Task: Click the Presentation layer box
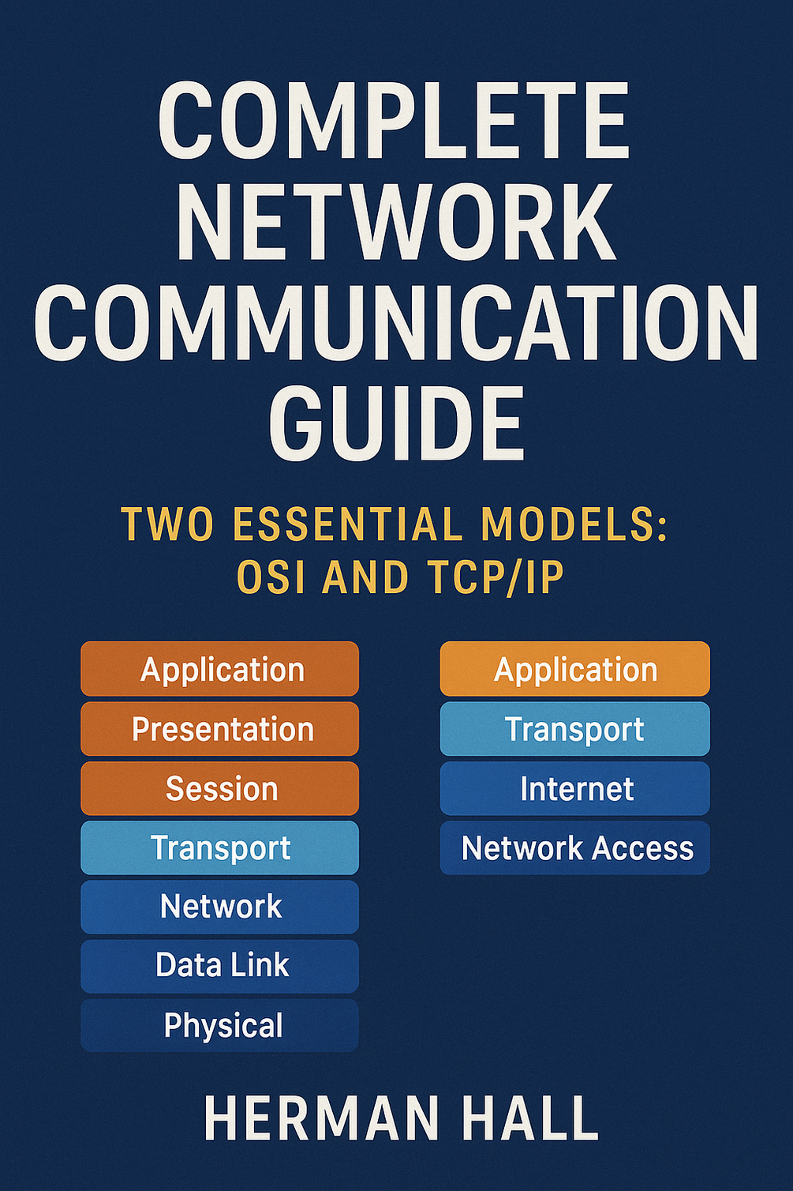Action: pos(220,729)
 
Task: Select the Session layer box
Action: pos(220,788)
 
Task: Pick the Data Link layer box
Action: pos(220,966)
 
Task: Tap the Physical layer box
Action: pos(220,1025)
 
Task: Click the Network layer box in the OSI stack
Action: pos(220,907)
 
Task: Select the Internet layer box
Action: pos(575,788)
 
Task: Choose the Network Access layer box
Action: pos(575,847)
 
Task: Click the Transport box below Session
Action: pos(220,847)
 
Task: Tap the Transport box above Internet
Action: pos(575,729)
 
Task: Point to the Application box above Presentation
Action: pos(220,669)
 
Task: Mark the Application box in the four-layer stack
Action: pos(575,669)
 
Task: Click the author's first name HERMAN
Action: pos(321,1118)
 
